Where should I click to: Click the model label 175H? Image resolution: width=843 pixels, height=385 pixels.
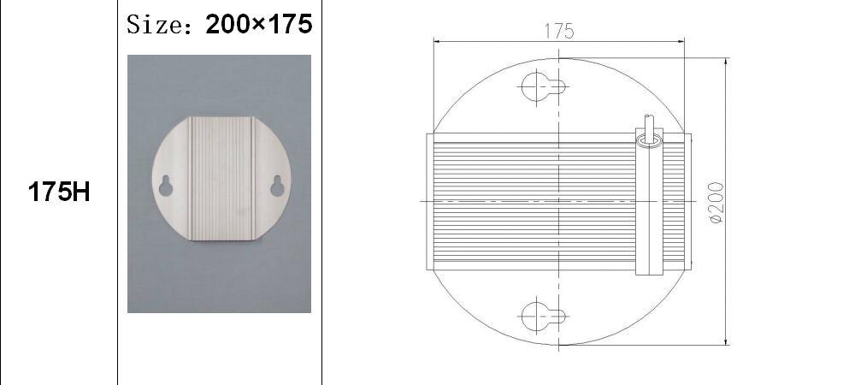(x=59, y=192)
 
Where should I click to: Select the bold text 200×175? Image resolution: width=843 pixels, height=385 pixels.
(x=258, y=24)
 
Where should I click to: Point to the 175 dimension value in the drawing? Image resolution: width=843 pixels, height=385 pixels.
(x=558, y=31)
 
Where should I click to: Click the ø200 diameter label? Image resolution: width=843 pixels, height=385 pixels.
(x=716, y=203)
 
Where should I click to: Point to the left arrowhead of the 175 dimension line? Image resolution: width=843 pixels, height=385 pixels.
(x=437, y=40)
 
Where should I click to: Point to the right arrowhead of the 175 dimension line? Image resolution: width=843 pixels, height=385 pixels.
(x=681, y=40)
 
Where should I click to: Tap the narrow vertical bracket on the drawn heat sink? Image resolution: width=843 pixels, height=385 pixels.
(x=648, y=210)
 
